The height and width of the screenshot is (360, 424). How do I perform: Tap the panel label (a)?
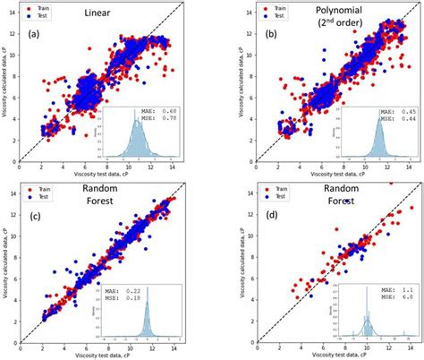click(35, 35)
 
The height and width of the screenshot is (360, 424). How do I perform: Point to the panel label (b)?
click(250, 35)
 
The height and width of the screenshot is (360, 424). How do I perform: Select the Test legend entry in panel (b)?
click(262, 15)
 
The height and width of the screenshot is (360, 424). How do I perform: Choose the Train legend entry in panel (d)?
click(262, 188)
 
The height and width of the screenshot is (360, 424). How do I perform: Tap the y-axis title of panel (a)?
click(5, 85)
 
